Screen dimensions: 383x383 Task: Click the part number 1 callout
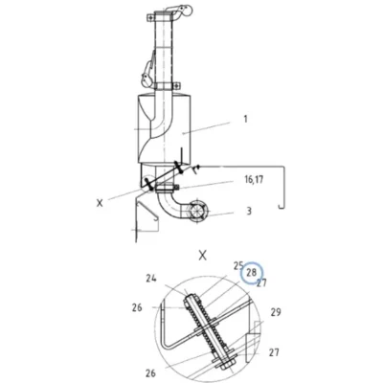tap(245, 119)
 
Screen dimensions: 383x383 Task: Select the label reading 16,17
tap(254, 180)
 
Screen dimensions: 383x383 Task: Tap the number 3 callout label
tap(249, 211)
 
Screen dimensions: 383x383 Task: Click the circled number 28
tap(252, 273)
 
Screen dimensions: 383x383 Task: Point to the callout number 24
tap(151, 279)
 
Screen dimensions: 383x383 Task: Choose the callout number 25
tap(238, 265)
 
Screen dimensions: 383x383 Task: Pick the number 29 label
tap(276, 312)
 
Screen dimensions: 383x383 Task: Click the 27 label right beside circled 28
tap(261, 283)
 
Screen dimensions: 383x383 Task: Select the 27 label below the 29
tap(274, 352)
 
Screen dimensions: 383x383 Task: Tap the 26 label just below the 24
tap(137, 308)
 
